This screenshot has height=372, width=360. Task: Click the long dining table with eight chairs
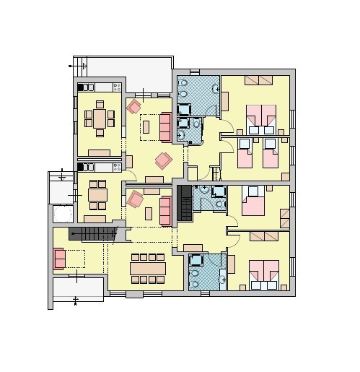tap(148, 268)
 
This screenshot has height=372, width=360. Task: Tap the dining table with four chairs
tap(97, 194)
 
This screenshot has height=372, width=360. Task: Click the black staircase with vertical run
tap(185, 203)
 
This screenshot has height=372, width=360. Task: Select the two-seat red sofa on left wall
tap(59, 259)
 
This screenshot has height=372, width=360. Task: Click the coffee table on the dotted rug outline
tap(146, 127)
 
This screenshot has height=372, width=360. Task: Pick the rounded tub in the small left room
tap(63, 215)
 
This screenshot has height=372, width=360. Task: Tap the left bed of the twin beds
tap(244, 153)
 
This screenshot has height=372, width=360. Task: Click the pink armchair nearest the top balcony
tap(134, 107)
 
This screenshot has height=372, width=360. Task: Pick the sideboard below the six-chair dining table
tap(99, 152)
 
